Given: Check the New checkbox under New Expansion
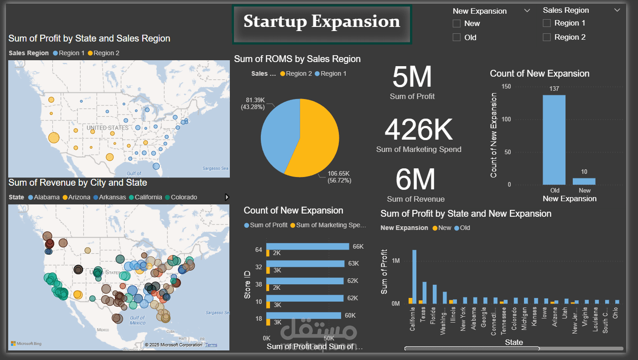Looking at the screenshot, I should point(456,24).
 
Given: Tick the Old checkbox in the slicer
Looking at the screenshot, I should point(456,37).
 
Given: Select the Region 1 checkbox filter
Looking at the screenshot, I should point(547,23).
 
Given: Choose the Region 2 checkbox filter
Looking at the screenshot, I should point(547,37).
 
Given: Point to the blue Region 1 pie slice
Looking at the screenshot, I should point(278,132).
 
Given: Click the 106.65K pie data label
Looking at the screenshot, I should point(338,177).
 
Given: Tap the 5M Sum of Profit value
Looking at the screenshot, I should point(412,77).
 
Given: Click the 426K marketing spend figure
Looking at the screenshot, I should point(419,130).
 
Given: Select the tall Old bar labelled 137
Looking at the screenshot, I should point(554,139).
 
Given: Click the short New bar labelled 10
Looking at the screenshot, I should point(584,181).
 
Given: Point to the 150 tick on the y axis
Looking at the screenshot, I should point(506,87).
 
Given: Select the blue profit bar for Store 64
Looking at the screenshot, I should point(308,246).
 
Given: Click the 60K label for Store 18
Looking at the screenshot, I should point(350,316).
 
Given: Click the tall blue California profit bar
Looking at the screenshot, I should point(415,277).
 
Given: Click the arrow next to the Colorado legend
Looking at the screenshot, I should point(227,197).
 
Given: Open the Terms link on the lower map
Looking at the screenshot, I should point(211,345).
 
